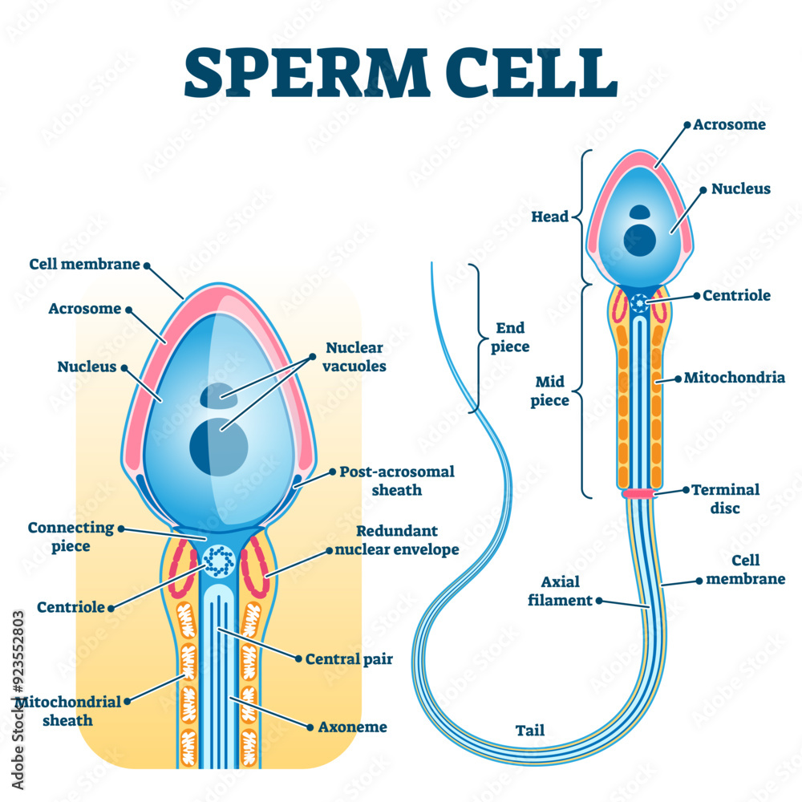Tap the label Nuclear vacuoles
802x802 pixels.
click(x=354, y=357)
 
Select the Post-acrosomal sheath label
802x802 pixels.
click(x=396, y=480)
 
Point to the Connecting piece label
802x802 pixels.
click(x=71, y=536)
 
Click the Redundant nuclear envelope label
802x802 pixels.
click(x=396, y=541)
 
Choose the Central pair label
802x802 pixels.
click(x=348, y=659)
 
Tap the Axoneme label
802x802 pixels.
click(x=353, y=727)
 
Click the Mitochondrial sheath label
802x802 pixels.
click(x=68, y=711)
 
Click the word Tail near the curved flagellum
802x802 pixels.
click(x=529, y=731)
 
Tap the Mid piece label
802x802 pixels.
click(x=549, y=391)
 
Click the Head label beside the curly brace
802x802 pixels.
click(x=549, y=217)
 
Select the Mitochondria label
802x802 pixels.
click(x=733, y=377)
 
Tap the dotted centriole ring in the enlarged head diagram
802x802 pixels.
click(x=217, y=561)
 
